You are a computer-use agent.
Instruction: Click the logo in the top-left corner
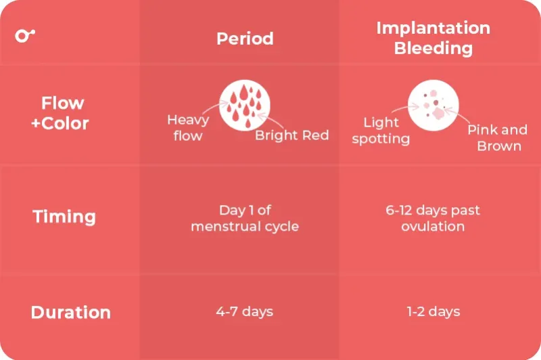[x=25, y=35]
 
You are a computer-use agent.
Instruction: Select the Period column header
[x=245, y=39]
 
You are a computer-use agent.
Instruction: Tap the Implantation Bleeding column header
[x=433, y=38]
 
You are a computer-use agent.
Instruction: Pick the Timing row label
[x=64, y=217]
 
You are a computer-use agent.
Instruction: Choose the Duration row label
[x=70, y=313]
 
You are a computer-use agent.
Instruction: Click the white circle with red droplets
[x=245, y=105]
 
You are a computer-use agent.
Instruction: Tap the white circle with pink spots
[x=433, y=105]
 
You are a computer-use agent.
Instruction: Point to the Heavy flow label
[x=187, y=128]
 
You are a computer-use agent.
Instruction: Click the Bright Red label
[x=291, y=135]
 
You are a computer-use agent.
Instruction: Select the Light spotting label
[x=381, y=131]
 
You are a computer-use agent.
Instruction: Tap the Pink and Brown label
[x=498, y=137]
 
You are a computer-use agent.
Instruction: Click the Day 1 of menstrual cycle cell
[x=245, y=219]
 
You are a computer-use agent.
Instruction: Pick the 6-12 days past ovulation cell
[x=433, y=219]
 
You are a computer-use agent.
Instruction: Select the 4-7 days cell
[x=245, y=312]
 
